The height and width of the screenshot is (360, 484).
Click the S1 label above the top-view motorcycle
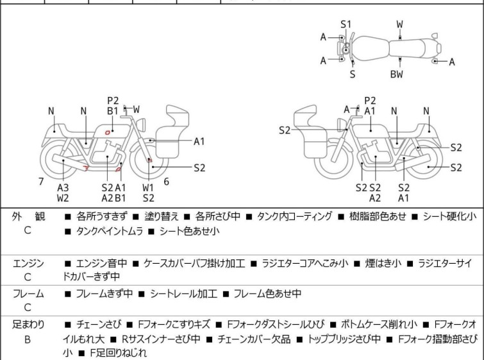(346, 24)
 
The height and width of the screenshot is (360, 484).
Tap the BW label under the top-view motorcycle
(397, 74)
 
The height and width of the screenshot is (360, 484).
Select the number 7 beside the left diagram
(41, 182)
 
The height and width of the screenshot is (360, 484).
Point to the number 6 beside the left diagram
(166, 182)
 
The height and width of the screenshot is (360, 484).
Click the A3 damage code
(63, 187)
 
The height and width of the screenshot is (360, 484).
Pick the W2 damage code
(63, 198)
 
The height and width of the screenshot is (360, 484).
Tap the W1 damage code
(149, 187)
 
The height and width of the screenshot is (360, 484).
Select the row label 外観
(28, 217)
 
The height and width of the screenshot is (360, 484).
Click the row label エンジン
(28, 263)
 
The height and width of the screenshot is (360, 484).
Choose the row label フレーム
(28, 294)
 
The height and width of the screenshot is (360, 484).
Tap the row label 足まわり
(28, 325)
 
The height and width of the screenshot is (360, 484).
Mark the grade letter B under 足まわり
(28, 338)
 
